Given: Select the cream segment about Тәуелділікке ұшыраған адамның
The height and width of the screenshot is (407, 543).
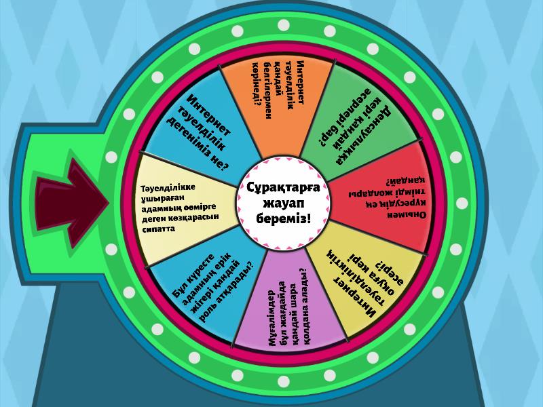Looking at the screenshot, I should click(183, 203).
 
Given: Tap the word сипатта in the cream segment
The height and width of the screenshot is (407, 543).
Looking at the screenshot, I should click(157, 229).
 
